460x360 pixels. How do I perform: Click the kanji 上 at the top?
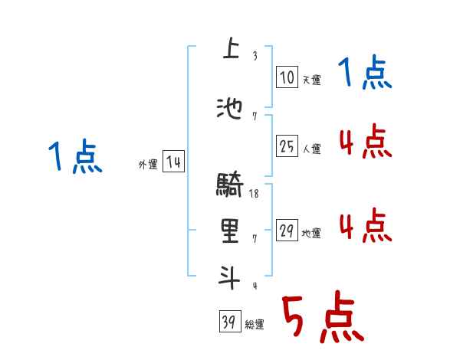(228, 48)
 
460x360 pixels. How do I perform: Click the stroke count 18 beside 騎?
(254, 195)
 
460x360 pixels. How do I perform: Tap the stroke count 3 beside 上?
(254, 55)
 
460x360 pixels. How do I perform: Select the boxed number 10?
(287, 77)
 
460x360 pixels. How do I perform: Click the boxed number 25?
(287, 146)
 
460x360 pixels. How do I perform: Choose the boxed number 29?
(287, 231)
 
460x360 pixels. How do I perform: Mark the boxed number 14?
(173, 162)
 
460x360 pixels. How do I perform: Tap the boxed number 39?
(229, 322)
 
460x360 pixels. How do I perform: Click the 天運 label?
(311, 80)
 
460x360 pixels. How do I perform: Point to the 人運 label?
(311, 149)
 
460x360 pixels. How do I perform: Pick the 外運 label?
(148, 164)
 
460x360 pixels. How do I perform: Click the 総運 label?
(255, 325)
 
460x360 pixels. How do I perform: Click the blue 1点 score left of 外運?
(74, 157)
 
